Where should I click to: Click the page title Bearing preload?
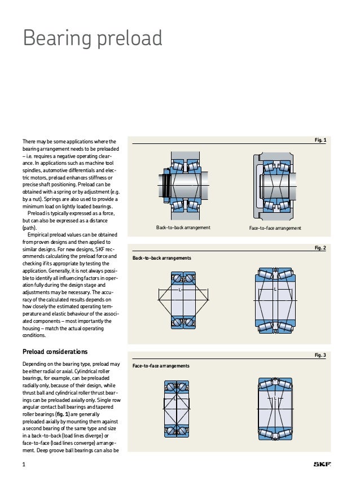point(93,38)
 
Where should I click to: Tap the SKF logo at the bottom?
point(322,465)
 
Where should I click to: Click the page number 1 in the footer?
point(24,465)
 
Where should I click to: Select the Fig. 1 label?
point(320,139)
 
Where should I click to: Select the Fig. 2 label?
point(320,248)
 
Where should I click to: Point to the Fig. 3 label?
point(320,355)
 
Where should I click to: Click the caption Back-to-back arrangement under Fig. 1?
point(183,228)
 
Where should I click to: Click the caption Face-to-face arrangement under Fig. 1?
point(275,228)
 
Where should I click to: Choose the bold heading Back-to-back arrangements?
point(161,258)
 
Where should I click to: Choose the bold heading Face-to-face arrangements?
point(161,366)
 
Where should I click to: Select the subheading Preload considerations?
point(55,352)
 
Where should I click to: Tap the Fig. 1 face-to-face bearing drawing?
point(274,183)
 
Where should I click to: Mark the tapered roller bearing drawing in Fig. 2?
point(275,300)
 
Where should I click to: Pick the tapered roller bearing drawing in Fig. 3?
point(275,409)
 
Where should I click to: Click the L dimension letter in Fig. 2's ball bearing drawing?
point(179,289)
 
